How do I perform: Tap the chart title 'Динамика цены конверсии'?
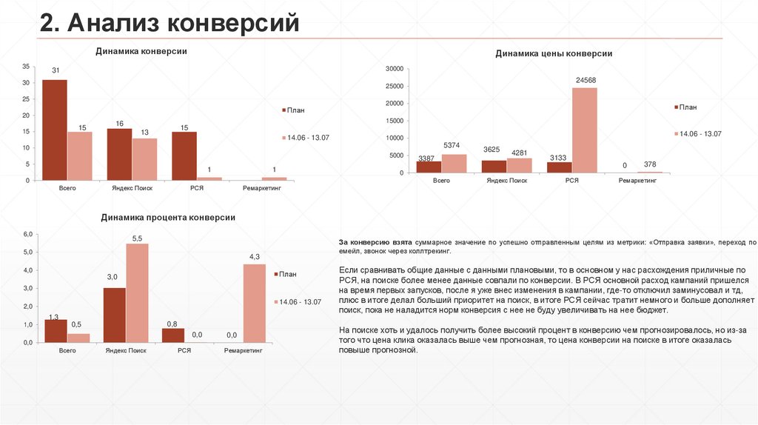click(553, 54)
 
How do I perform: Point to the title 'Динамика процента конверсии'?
click(168, 218)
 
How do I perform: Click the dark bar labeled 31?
click(55, 130)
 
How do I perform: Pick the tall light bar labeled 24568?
click(584, 130)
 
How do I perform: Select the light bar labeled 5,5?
click(137, 292)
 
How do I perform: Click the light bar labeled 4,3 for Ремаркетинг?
click(254, 303)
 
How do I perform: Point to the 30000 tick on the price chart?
click(394, 68)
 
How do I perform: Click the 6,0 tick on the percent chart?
click(29, 234)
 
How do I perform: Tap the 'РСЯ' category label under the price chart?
click(571, 180)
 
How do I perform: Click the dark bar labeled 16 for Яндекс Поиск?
click(119, 154)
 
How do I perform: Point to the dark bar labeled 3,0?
click(114, 315)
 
